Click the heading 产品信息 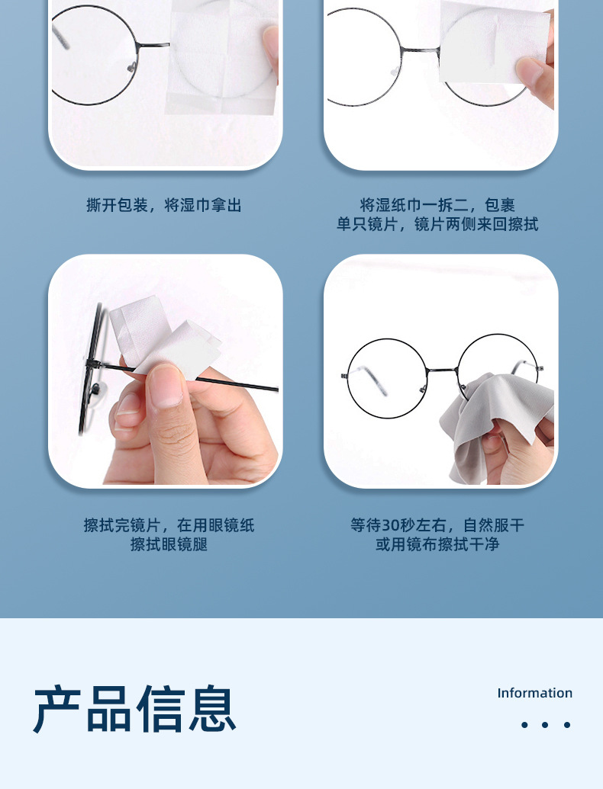coord(134,708)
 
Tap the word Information coord(534,693)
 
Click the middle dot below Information coord(546,725)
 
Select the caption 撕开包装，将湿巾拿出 coord(164,205)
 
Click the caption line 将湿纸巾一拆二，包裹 coord(437,205)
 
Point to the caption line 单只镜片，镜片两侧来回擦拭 coord(437,225)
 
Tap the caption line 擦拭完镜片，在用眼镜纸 coord(169,525)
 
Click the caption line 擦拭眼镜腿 coord(169,544)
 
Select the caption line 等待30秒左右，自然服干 coord(437,525)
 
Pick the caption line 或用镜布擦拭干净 coord(437,544)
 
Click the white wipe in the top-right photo coord(492,42)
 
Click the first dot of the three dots coord(524,725)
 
